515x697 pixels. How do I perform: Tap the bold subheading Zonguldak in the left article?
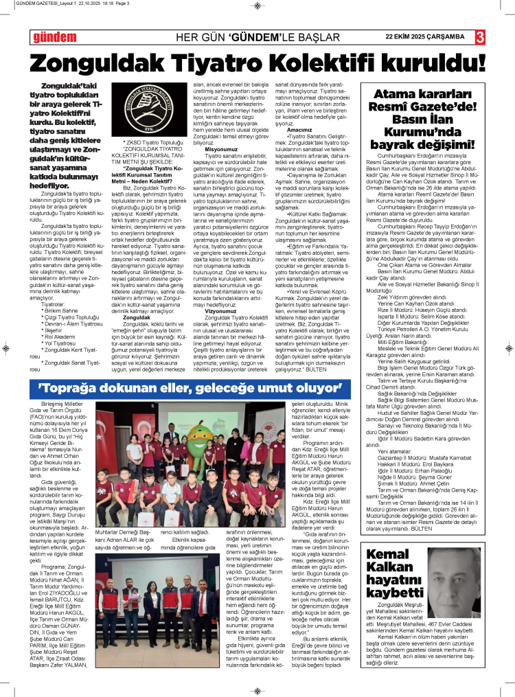(137, 318)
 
